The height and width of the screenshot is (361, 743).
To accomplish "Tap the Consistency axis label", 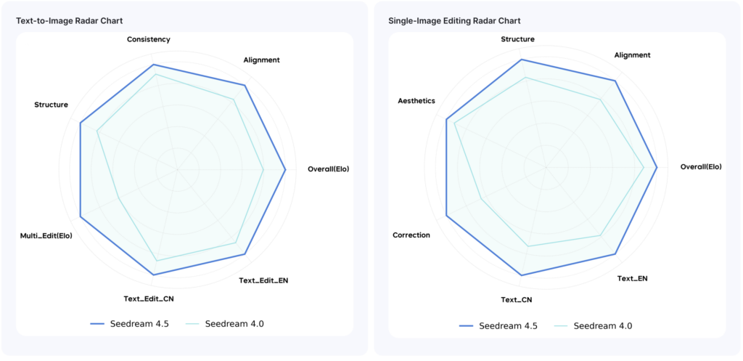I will tap(149, 39).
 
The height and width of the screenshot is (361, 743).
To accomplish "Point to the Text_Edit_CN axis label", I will tap(149, 299).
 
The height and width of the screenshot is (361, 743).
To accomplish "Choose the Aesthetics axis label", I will tap(416, 100).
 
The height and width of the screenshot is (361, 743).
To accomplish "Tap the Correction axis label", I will tap(411, 235).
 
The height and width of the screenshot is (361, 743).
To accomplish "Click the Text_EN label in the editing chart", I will tap(633, 278).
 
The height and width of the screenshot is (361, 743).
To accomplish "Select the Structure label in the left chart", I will tap(51, 105).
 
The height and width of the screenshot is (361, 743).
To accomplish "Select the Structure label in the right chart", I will tap(518, 39).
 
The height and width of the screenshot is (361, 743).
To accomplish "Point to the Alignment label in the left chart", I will tap(261, 60).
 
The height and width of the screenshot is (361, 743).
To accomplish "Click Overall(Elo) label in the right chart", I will tap(701, 167).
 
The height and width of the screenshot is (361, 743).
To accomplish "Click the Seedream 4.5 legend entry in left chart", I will tap(131, 323).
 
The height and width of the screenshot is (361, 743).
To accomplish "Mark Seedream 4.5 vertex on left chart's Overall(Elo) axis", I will tap(285, 170).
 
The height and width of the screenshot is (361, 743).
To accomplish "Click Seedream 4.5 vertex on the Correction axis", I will tap(446, 216).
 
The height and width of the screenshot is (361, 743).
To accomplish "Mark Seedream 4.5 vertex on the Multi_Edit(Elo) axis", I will tap(80, 216).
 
